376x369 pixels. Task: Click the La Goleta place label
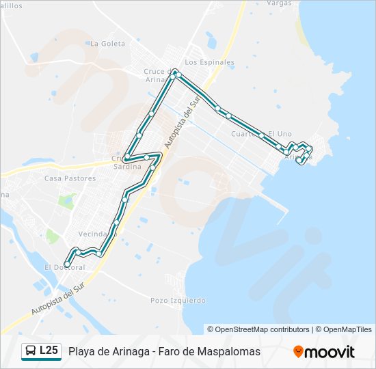tap(108, 43)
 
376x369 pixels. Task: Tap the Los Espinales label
tap(209, 62)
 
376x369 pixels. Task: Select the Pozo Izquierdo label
tap(178, 300)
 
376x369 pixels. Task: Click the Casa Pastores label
tap(70, 178)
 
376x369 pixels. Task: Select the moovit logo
tap(324, 352)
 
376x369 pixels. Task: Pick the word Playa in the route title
tap(82, 351)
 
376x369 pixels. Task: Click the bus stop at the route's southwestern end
tap(67, 264)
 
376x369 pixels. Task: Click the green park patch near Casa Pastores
tap(67, 201)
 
